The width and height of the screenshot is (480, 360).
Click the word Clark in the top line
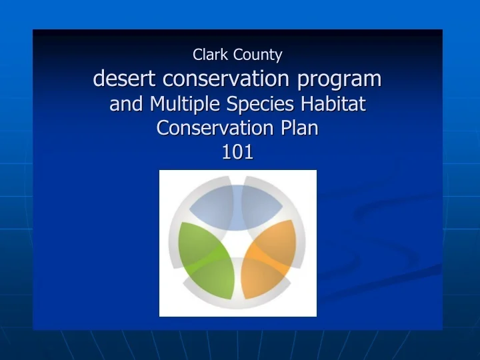[209, 55]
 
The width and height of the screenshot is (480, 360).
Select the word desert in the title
[125, 79]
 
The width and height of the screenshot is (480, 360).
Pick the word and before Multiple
[127, 104]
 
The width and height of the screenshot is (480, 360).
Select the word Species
[261, 105]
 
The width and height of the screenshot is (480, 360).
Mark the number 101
[237, 152]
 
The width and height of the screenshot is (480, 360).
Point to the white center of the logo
[237, 240]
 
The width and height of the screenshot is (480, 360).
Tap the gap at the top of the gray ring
[237, 179]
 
